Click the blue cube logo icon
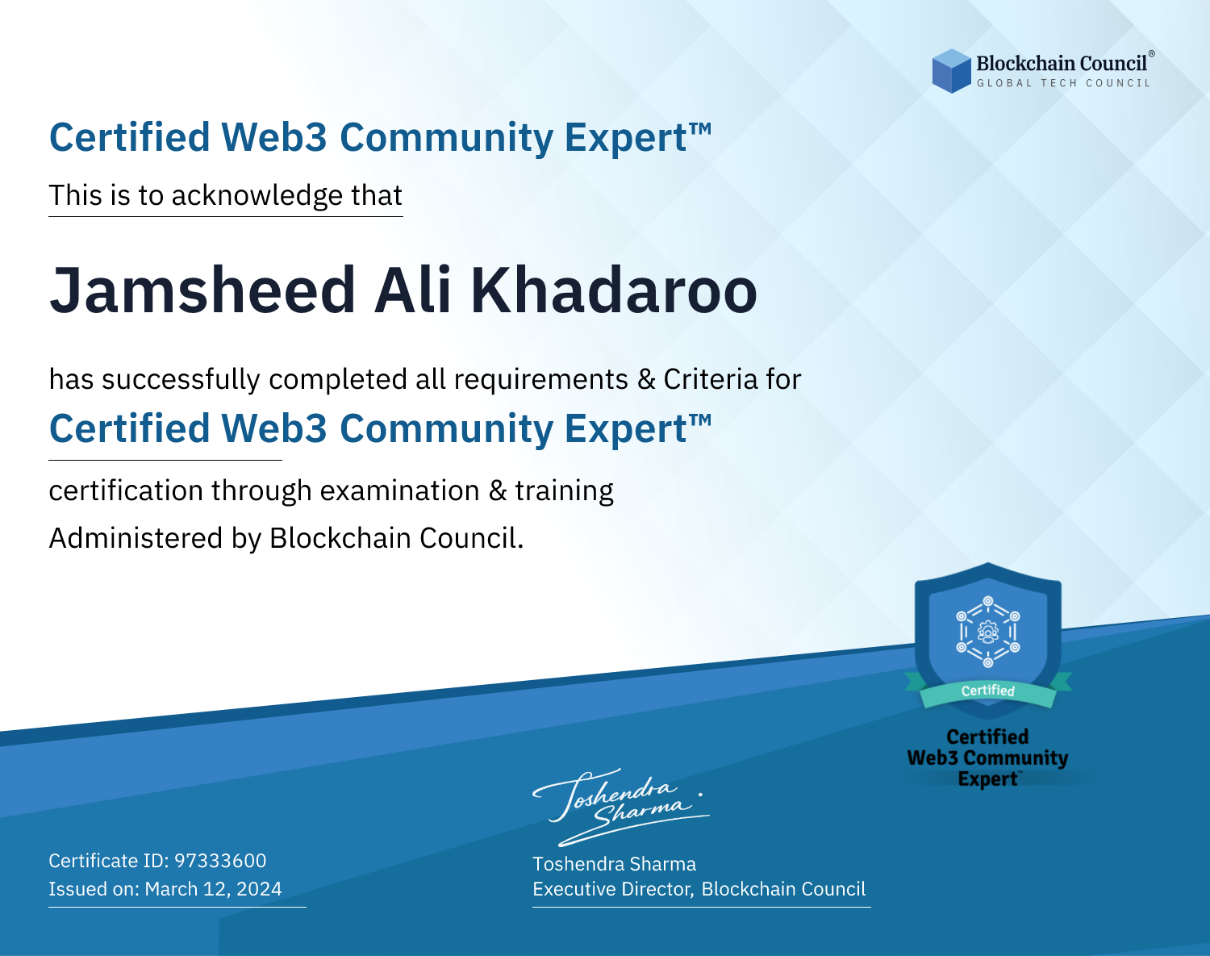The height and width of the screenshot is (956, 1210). pos(951,71)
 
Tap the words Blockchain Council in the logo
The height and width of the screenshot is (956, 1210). pos(1062,64)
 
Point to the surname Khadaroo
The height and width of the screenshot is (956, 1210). pos(614,290)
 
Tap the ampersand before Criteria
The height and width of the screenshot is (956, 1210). pos(646,380)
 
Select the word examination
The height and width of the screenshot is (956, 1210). pos(400,491)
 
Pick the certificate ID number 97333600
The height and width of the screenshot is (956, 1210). pos(220,861)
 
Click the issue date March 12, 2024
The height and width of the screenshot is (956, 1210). pos(213,889)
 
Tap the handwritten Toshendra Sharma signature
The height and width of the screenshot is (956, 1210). pos(621,808)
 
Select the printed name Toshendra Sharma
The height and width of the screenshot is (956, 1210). pos(615,864)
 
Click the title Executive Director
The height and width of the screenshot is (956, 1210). pos(613,889)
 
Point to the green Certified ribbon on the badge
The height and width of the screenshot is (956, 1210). pos(988,691)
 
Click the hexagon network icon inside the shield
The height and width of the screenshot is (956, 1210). pos(988,632)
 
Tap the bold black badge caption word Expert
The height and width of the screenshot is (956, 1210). pos(988,779)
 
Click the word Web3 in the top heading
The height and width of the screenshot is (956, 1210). pos(273,137)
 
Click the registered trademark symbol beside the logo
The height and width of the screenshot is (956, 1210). pos(1151,53)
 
